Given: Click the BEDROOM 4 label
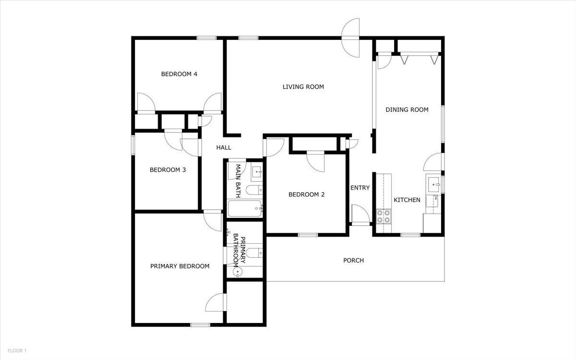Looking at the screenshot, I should pos(179,74).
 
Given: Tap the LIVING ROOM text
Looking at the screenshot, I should pos(303,87).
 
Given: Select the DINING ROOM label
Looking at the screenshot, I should pos(407,109).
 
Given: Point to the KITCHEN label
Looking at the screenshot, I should pos(407,200).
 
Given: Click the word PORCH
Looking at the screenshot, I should pos(353,260).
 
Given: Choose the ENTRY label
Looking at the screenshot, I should pos(360,188).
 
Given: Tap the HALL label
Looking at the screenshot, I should pos(224,147).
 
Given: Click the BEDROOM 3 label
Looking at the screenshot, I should pos(168,169).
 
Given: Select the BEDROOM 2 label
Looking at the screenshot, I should pos(306,194).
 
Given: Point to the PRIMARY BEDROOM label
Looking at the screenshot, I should pos(180,266).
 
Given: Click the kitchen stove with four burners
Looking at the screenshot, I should pos(383,216).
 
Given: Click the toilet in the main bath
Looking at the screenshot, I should pos(253,191).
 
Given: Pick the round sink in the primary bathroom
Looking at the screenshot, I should pos(237,272).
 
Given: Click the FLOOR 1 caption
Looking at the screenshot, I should pos(17,351).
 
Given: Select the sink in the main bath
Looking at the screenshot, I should pos(257,171).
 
